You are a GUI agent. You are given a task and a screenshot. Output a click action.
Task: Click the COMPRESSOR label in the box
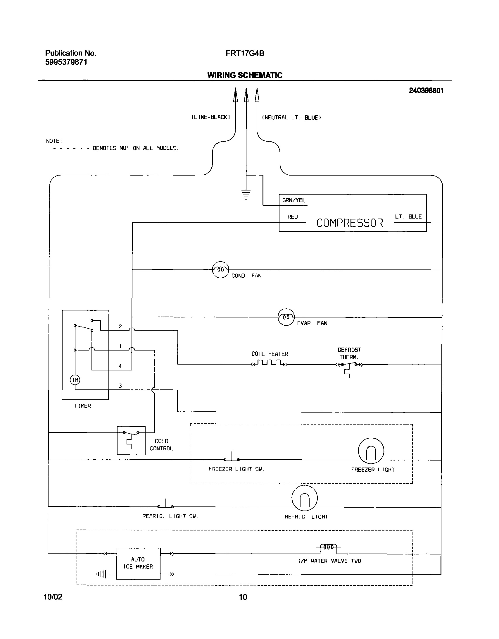coord(350,223)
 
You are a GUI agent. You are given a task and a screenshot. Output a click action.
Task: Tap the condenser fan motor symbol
coord(220,269)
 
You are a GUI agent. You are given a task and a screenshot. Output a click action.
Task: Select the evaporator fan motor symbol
coord(286,317)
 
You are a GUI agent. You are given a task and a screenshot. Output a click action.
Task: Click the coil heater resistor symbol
coord(270,364)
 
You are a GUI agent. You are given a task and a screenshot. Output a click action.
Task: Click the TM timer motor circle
coord(75,380)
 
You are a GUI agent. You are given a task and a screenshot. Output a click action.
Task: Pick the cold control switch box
coord(131,440)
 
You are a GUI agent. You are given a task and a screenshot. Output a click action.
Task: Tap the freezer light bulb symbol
coord(371,451)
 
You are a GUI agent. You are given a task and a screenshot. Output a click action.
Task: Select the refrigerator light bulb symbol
coord(304,498)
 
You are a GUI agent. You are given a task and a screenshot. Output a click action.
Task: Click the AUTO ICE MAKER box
coord(138,563)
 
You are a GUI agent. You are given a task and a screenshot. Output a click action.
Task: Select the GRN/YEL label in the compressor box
coord(293,200)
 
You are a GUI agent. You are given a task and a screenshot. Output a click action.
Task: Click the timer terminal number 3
coord(120,386)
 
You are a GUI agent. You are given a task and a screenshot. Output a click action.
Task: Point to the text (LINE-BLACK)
coord(211,117)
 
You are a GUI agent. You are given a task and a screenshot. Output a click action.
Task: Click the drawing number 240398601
coord(426,91)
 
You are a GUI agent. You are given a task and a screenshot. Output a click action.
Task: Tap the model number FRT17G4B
coord(245,54)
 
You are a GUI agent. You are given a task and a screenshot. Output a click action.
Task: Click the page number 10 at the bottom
coord(243,597)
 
